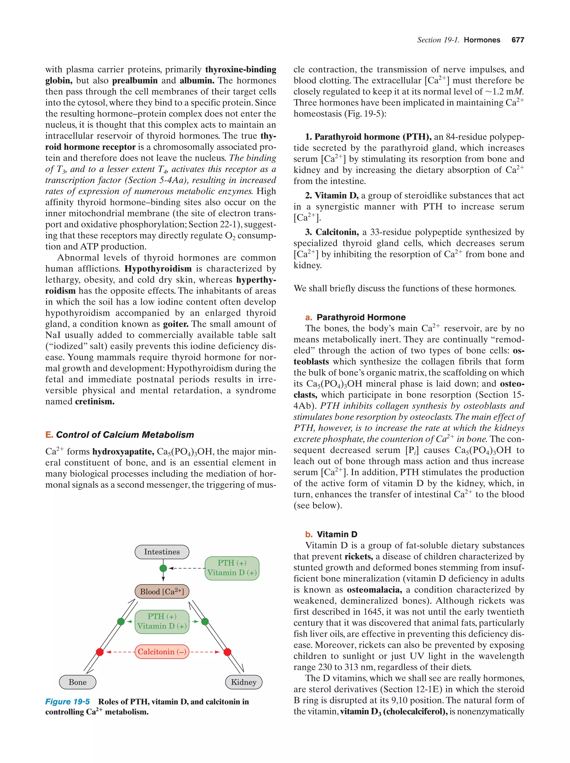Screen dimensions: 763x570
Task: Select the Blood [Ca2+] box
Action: point(162,592)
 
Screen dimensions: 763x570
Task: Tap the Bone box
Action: point(78,682)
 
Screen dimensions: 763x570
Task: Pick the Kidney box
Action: point(244,682)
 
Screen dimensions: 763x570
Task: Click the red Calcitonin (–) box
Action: point(162,652)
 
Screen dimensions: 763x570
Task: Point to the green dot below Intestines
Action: point(163,568)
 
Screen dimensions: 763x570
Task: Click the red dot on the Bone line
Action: point(100,652)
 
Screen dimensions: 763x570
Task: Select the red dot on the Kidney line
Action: point(227,652)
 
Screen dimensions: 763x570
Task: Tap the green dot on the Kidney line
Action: point(205,622)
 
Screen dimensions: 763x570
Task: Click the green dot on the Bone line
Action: point(121,622)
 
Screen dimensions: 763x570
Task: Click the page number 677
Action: point(518,40)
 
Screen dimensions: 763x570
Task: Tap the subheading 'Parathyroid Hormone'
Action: point(361,317)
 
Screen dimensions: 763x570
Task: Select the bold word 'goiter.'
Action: point(176,324)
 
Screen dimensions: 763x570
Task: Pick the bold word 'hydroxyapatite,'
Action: point(123,452)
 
